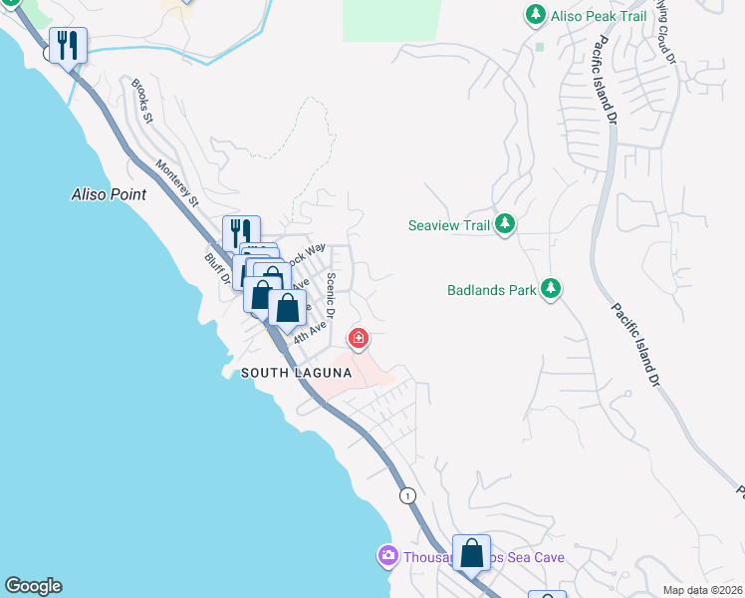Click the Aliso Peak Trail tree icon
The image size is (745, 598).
(536, 14)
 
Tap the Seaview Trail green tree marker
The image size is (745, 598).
(505, 225)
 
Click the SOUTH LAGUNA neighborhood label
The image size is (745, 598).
(296, 373)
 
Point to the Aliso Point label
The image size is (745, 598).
(109, 194)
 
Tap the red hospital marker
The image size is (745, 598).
(358, 340)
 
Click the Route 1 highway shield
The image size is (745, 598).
(406, 494)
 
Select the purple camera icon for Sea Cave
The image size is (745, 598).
(387, 555)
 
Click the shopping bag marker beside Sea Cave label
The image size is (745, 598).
(471, 552)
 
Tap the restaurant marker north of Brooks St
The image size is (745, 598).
(68, 45)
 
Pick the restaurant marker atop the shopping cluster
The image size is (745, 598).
(241, 233)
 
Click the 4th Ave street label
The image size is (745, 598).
(310, 332)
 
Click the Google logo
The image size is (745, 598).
(33, 586)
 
